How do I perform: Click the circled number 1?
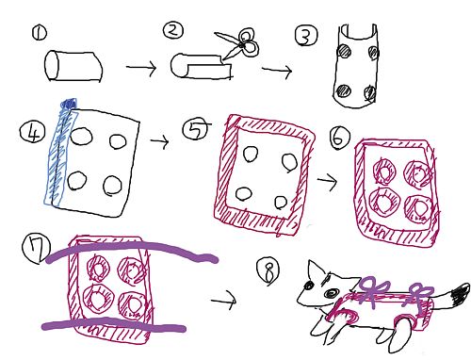(x=39, y=33)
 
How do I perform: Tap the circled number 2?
(x=173, y=30)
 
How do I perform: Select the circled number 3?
(x=306, y=36)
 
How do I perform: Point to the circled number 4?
(x=33, y=132)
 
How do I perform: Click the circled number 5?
(x=195, y=129)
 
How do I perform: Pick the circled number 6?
(x=340, y=138)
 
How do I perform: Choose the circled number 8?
(x=268, y=271)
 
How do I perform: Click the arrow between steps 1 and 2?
(x=141, y=67)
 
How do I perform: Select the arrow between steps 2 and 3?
(x=277, y=70)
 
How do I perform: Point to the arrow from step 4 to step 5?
(x=159, y=140)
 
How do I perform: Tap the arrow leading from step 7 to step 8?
(x=223, y=301)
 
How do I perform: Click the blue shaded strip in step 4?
(x=61, y=154)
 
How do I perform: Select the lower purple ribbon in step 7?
(x=113, y=324)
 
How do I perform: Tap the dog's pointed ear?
(x=317, y=270)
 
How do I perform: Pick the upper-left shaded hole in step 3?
(x=344, y=51)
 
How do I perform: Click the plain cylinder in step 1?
(x=73, y=66)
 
